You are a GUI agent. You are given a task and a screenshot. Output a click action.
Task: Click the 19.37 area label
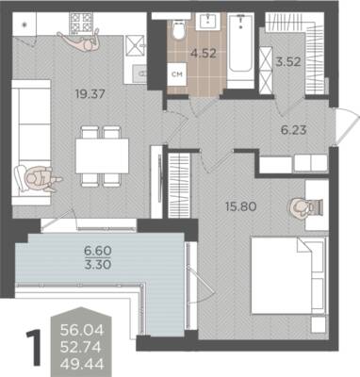pyautogui.click(x=90, y=93)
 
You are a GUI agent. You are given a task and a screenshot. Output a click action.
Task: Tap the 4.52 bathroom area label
pyautogui.click(x=204, y=54)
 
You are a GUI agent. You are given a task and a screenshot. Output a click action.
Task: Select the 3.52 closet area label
pyautogui.click(x=288, y=61)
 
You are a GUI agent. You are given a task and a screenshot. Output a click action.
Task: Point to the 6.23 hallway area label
pyautogui.click(x=293, y=129)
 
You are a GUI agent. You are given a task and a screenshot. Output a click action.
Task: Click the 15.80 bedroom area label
pyautogui.click(x=241, y=206)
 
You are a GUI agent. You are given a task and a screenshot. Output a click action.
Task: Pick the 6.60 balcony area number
pyautogui.click(x=98, y=251)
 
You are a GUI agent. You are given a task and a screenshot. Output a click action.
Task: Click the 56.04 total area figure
pyautogui.click(x=82, y=330)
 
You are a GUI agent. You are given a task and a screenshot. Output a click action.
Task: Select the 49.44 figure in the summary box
pyautogui.click(x=82, y=365)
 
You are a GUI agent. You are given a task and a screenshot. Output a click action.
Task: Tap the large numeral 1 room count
pyautogui.click(x=34, y=348)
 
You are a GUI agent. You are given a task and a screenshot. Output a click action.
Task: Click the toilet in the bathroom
pyautogui.click(x=179, y=29)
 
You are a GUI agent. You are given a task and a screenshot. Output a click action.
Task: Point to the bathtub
pyautogui.click(x=240, y=47)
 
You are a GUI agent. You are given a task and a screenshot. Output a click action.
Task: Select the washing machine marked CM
pyautogui.click(x=177, y=74)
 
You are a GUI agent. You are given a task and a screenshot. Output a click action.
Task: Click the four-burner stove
pyautogui.click(x=81, y=23)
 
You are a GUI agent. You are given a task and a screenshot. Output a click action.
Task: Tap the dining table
pyautogui.click(x=102, y=156)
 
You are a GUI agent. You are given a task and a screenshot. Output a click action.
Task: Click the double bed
pyautogui.click(x=288, y=275)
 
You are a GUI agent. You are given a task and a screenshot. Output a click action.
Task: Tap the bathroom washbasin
pyautogui.click(x=208, y=22)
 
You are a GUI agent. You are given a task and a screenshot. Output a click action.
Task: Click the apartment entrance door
pyautogui.click(x=347, y=126)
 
